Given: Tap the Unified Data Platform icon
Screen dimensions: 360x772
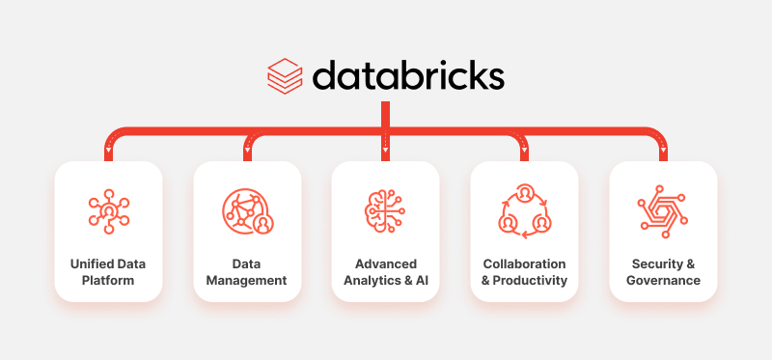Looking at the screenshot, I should point(108,210).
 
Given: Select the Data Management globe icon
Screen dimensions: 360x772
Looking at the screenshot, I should point(247,210).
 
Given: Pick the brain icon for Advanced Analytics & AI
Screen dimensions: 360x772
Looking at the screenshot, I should point(385,210).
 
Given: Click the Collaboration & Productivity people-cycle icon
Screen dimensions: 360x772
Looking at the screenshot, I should point(524,210).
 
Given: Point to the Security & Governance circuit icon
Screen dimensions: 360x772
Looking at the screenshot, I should point(663,210).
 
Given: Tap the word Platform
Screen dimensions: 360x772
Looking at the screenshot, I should point(108,281).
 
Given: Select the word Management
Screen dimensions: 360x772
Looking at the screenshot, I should point(246,281).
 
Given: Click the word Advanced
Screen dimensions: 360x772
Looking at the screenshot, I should point(386,263).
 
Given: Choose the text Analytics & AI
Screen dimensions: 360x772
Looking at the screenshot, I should point(386,281).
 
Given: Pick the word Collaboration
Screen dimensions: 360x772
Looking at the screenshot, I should point(524,263).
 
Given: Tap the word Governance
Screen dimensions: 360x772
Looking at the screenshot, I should point(663,281).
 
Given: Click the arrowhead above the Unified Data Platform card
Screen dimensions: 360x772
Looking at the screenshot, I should point(108,152).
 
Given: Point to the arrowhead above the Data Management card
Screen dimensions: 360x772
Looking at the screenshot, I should point(247,152).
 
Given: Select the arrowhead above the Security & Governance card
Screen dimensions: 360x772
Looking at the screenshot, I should point(663,152).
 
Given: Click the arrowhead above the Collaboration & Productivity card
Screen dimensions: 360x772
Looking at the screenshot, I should point(524,152).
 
